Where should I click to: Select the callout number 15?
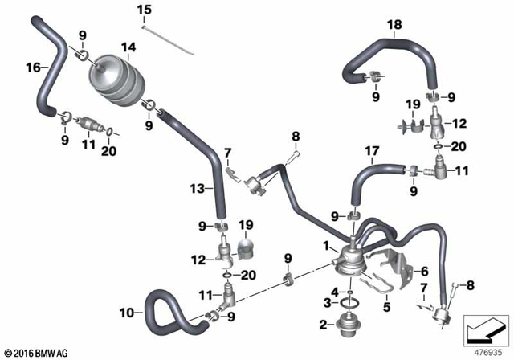tap(144, 10)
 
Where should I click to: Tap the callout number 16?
tap(32, 67)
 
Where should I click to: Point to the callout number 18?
tap(393, 25)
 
